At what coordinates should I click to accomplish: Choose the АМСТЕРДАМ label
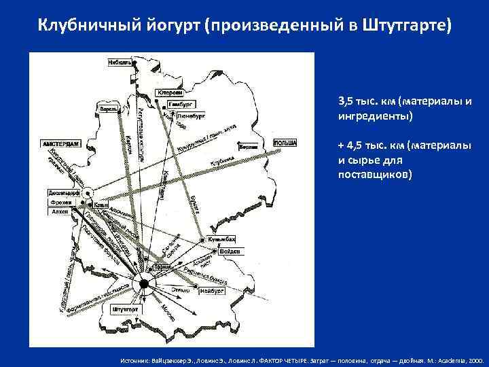click(62, 144)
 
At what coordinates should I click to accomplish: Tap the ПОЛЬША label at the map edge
click(285, 143)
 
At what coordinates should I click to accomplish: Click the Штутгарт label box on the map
click(125, 310)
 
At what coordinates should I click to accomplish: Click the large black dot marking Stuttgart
click(144, 283)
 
